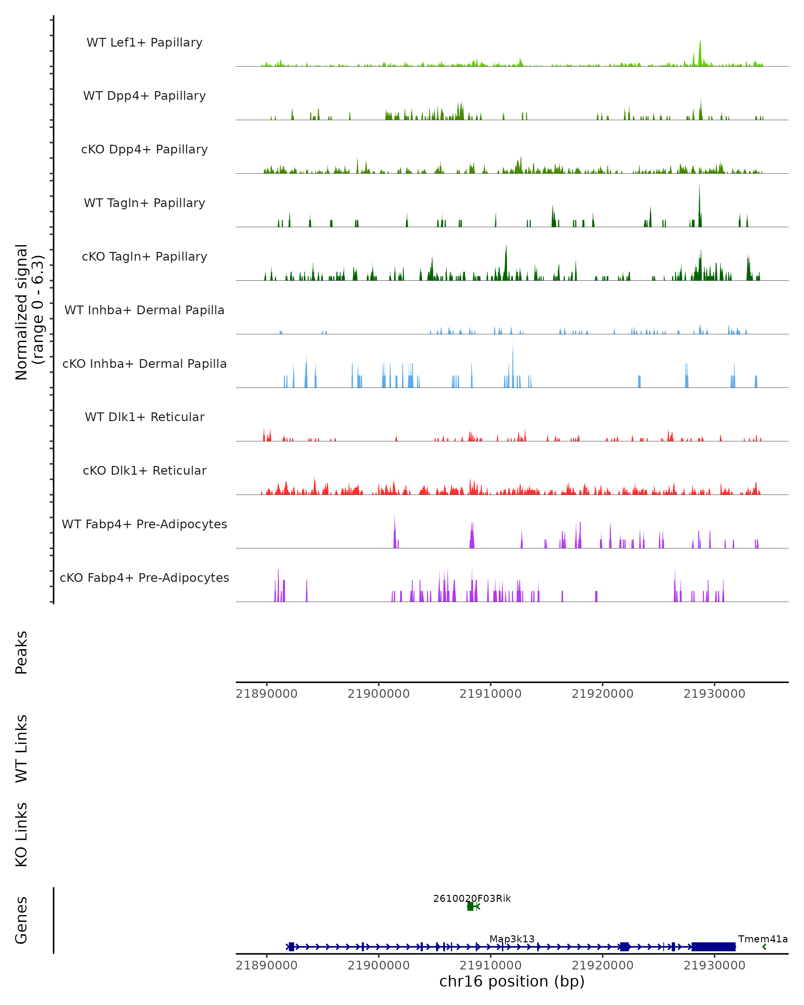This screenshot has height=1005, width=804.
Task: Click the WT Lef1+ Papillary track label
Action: click(144, 43)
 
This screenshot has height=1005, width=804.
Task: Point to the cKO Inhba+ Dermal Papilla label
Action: click(144, 363)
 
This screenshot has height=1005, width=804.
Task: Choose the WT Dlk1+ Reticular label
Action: click(144, 417)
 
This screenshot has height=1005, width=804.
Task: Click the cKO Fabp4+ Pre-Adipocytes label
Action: click(144, 578)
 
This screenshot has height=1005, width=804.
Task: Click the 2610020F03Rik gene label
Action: click(472, 898)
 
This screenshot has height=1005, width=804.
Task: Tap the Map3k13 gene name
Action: click(512, 939)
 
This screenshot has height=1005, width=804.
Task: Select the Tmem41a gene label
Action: click(762, 939)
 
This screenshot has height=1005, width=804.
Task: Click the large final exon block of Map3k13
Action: click(713, 947)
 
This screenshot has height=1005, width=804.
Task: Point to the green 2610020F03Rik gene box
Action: click(470, 906)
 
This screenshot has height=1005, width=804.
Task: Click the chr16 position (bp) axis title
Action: click(512, 981)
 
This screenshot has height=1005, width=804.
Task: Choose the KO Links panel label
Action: click(21, 834)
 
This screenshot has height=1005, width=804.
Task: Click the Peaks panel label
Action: click(21, 652)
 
